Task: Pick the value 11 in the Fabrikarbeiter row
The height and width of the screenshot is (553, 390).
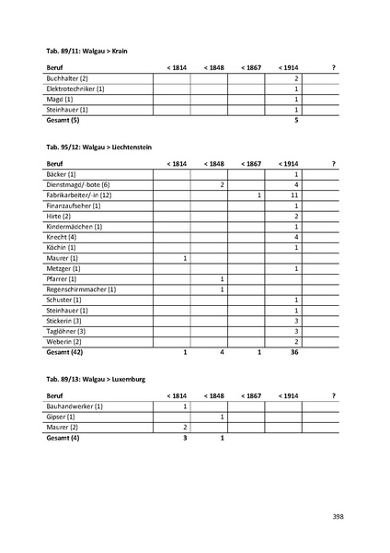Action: click(x=294, y=195)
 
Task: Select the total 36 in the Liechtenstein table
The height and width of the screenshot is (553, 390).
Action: click(x=294, y=352)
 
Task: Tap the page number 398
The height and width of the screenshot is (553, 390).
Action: click(x=338, y=516)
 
